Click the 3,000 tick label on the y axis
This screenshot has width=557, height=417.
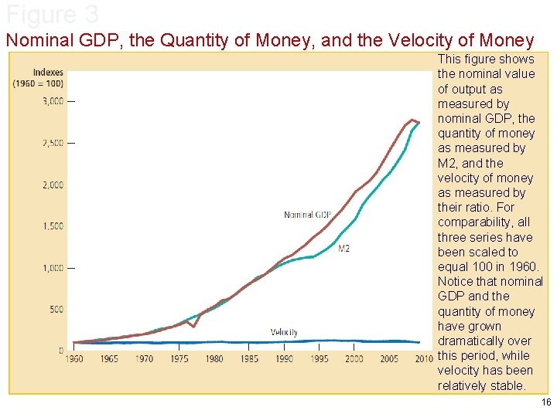coord(52,101)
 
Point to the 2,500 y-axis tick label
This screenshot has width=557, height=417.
coord(52,143)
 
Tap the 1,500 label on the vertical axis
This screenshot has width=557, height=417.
coord(52,226)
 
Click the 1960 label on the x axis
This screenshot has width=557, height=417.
coord(74,359)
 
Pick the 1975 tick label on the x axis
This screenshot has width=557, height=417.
coord(179,359)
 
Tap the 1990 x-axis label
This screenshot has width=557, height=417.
coord(284,359)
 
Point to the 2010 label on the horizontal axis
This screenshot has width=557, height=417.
coord(423,359)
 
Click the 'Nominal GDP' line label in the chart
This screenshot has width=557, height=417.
coord(307,215)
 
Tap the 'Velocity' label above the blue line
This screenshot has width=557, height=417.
coord(284,332)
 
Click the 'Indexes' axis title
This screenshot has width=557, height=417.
coord(48,73)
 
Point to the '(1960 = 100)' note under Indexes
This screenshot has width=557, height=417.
coord(38,83)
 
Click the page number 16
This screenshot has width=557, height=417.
coord(546,403)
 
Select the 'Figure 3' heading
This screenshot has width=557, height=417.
coord(53,15)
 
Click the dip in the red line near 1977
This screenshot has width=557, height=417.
coord(193,327)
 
